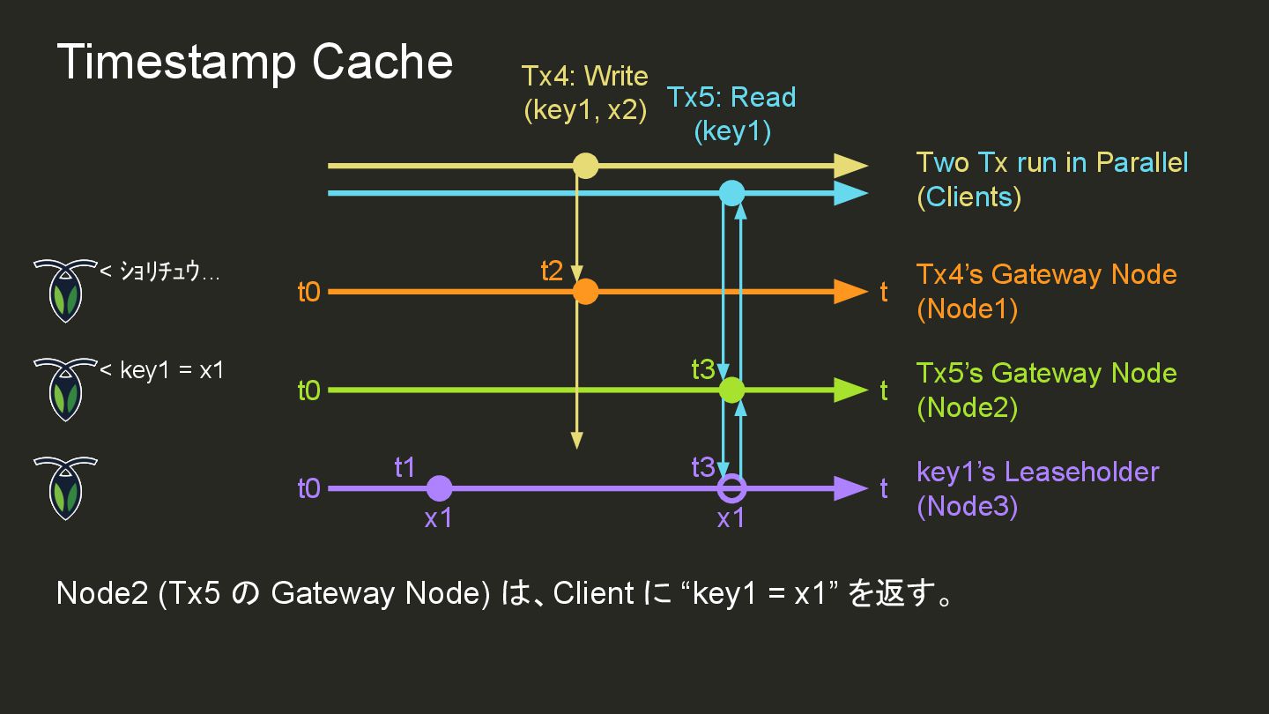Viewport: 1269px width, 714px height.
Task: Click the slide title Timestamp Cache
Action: (x=255, y=63)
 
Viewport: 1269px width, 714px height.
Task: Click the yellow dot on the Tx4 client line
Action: (x=585, y=166)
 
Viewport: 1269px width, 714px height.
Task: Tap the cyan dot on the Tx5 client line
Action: (x=731, y=192)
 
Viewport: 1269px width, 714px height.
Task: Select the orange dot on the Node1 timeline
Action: (x=585, y=291)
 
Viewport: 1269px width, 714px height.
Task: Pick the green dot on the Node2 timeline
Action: (x=731, y=390)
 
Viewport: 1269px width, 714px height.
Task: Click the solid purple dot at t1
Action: (x=439, y=487)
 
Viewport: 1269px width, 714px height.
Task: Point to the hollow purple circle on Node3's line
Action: (x=731, y=487)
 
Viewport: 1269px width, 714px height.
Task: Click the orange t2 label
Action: (x=552, y=271)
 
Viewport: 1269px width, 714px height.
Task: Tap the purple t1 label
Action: (x=404, y=467)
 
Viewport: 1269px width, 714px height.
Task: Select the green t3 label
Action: (x=702, y=370)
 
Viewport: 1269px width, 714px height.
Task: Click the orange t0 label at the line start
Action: (x=308, y=292)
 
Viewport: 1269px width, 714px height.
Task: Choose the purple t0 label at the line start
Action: (x=308, y=488)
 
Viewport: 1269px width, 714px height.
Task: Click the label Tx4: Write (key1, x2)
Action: (x=585, y=93)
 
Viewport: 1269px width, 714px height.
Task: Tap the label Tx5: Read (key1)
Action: (x=731, y=114)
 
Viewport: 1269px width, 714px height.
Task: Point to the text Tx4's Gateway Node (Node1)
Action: (x=1046, y=292)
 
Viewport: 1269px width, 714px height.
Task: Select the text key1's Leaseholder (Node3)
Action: (x=1037, y=488)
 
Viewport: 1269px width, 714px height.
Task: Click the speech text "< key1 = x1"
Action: (x=162, y=370)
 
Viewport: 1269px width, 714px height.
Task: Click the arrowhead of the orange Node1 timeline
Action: (x=850, y=291)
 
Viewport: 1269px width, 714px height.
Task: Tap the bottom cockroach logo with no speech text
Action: (x=64, y=487)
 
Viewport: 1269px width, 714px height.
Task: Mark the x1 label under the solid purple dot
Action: (x=438, y=519)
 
